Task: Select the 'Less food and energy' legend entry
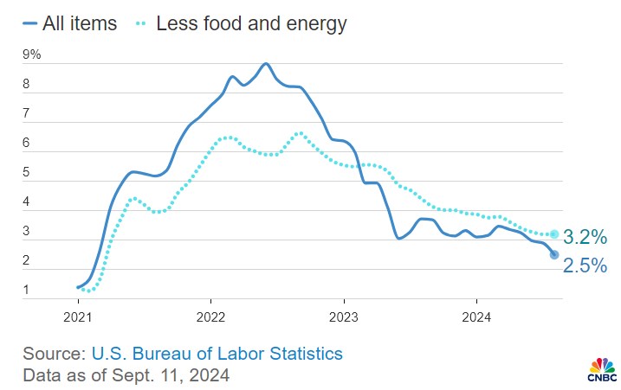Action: [x=251, y=23]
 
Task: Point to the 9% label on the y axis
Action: [x=32, y=55]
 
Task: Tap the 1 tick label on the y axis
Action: [x=27, y=290]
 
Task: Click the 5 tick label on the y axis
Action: [x=27, y=173]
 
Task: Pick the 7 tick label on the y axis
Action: [x=27, y=114]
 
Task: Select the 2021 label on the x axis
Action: [x=78, y=316]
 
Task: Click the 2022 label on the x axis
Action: [x=211, y=316]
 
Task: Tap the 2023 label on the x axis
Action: [x=344, y=316]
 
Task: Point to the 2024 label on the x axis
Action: [x=477, y=316]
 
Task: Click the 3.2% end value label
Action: [x=585, y=236]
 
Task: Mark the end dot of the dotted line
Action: [x=554, y=233]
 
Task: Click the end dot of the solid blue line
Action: [x=554, y=254]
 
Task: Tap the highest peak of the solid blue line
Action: [x=265, y=64]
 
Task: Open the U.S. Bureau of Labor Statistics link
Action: [x=214, y=353]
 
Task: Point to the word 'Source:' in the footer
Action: [x=51, y=353]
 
